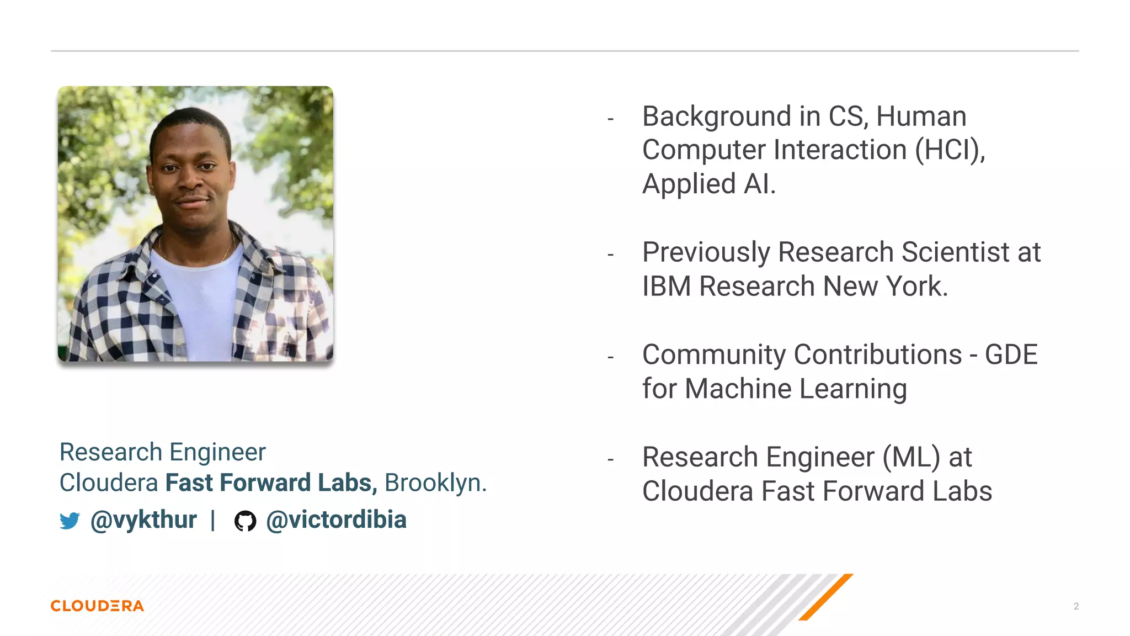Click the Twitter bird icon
(x=70, y=521)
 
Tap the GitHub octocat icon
(x=245, y=521)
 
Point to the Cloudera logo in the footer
(x=97, y=606)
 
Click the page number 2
(x=1076, y=606)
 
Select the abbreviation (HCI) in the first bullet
(x=949, y=150)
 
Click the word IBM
(x=667, y=287)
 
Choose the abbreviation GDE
(x=1011, y=355)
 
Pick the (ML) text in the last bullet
(x=911, y=458)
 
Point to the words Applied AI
(x=708, y=184)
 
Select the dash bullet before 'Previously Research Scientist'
(x=610, y=255)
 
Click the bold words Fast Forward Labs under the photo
(x=271, y=483)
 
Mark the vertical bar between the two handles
(x=213, y=520)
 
